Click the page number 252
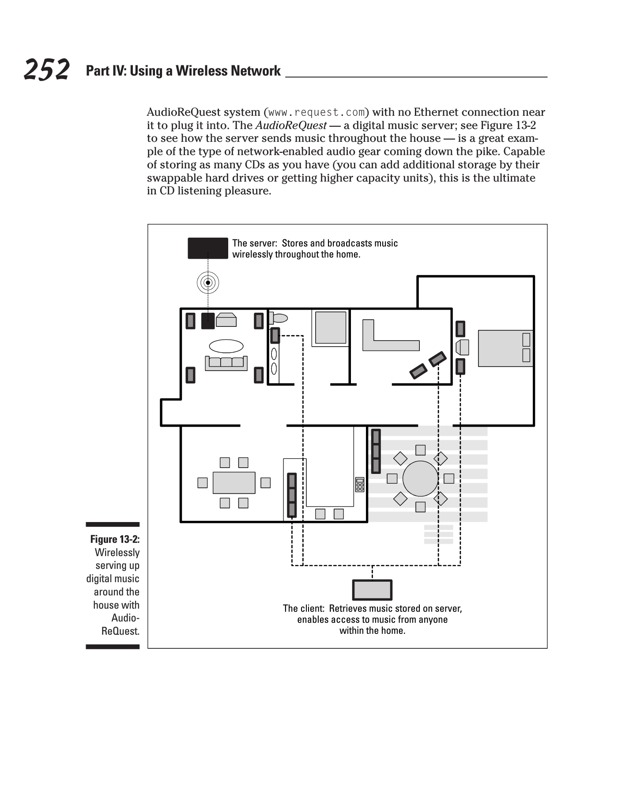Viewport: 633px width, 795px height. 46,70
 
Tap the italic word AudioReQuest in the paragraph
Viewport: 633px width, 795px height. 291,125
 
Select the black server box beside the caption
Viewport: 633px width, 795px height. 208,248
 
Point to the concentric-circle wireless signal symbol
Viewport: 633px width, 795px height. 208,282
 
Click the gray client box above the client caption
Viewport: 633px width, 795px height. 372,590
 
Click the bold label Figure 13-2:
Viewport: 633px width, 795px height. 115,539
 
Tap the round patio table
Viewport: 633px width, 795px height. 420,478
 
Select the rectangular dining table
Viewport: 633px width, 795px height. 234,482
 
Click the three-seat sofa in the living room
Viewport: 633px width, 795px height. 226,363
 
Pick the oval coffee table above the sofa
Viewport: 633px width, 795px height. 226,345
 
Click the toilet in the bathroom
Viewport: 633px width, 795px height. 279,318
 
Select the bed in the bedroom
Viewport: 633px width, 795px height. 505,348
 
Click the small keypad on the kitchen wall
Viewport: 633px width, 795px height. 360,485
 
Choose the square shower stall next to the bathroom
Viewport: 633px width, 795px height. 330,327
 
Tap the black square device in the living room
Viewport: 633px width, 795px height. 208,321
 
